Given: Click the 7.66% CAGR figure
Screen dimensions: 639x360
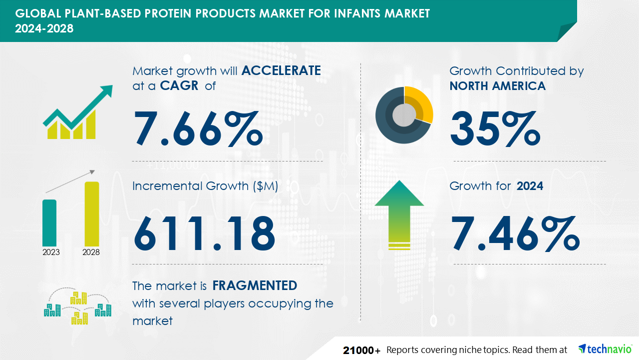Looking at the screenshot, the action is [x=199, y=128].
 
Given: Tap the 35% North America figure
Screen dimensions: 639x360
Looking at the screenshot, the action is [x=495, y=128].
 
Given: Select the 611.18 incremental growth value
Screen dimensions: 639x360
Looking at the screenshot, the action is [x=205, y=233].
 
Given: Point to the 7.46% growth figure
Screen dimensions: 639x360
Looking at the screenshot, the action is [x=515, y=233].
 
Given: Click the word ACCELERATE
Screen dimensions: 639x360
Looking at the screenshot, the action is [x=281, y=70].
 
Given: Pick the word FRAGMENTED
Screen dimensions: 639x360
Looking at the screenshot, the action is [x=255, y=285].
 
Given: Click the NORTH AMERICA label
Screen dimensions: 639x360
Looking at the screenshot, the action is [x=498, y=85].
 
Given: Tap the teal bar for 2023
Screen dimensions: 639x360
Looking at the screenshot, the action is [x=49, y=223].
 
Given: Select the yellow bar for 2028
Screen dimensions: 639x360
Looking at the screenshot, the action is [x=92, y=214].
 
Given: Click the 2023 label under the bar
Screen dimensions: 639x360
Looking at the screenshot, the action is [x=51, y=252].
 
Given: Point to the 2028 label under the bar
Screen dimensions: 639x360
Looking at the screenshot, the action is [x=91, y=252].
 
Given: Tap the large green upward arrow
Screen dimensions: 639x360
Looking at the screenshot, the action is [x=399, y=215].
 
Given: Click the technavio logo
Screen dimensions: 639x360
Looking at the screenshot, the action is [x=605, y=349].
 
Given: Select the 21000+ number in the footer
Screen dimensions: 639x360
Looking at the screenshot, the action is [x=361, y=350].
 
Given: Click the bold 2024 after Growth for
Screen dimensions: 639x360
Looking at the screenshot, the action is [x=530, y=186].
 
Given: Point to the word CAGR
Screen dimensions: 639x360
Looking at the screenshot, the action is [x=179, y=85].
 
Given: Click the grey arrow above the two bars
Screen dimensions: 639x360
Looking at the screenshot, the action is [x=70, y=181].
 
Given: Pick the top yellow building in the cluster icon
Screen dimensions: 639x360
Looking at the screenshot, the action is [x=78, y=298].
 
